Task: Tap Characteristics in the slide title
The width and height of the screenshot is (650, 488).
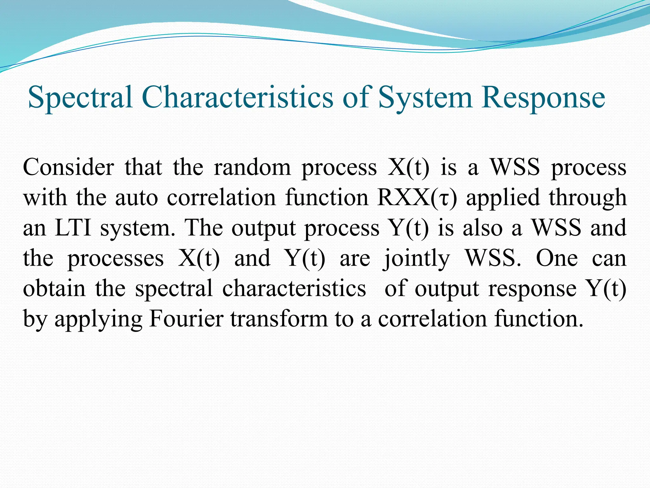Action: tap(238, 97)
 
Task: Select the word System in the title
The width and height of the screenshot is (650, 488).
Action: tap(426, 98)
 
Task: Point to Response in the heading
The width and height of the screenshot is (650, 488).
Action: tap(543, 98)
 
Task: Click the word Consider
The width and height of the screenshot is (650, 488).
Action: tap(68, 167)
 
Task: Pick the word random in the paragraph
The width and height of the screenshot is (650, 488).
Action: tap(252, 167)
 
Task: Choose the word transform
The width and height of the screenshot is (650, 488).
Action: tap(279, 319)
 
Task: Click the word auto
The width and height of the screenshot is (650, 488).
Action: tap(136, 198)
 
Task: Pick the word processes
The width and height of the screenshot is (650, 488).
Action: tap(116, 259)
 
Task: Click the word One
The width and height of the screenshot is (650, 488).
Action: tap(557, 258)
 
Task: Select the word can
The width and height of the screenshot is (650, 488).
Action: tap(609, 259)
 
